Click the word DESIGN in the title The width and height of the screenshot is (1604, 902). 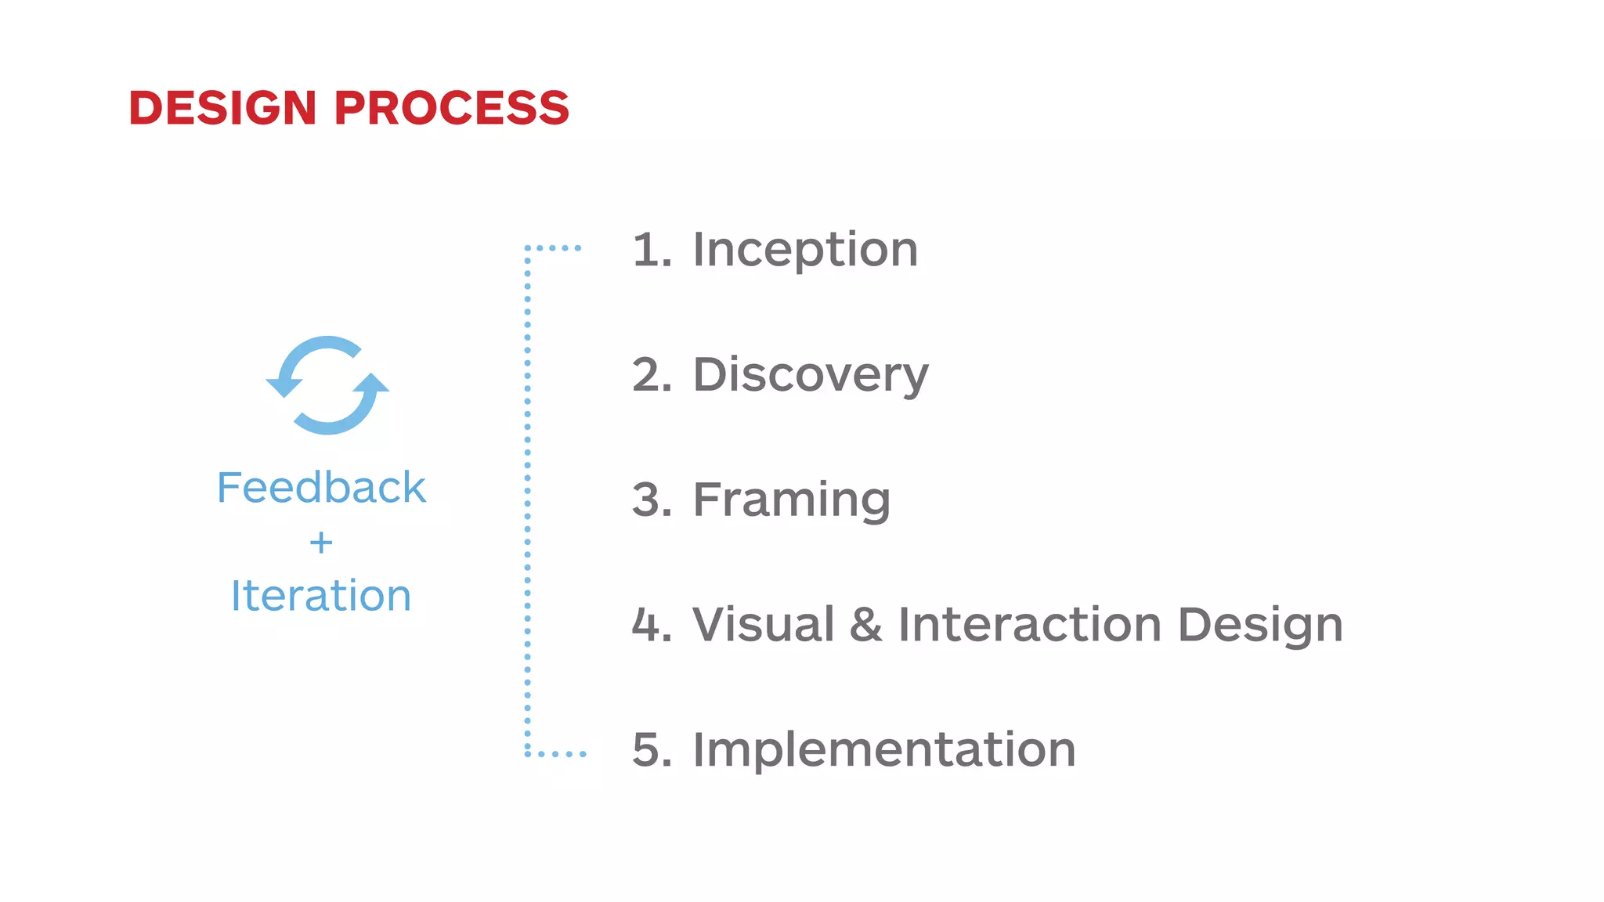click(222, 107)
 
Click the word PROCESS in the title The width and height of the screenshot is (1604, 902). click(452, 107)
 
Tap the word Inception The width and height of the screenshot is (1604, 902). click(805, 250)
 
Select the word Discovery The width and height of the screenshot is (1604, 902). click(811, 375)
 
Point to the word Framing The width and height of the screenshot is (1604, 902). click(792, 500)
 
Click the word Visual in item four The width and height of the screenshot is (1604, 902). click(764, 625)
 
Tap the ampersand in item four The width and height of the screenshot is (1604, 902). click(866, 625)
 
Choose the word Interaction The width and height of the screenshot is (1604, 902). click(1030, 625)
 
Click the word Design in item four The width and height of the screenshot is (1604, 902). click(1261, 626)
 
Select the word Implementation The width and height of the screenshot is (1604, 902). click(884, 749)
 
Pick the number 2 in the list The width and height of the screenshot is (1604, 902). click(648, 375)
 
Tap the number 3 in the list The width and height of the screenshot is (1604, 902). click(648, 500)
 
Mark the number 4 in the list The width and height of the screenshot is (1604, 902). click(648, 625)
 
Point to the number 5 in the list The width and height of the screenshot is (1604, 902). click(648, 750)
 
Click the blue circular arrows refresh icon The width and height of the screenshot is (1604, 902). click(327, 385)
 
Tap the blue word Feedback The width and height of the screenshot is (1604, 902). click(321, 488)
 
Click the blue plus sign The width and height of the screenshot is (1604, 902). click(321, 543)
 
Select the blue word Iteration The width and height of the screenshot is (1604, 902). click(321, 596)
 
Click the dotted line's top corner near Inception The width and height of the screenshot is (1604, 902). click(528, 248)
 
